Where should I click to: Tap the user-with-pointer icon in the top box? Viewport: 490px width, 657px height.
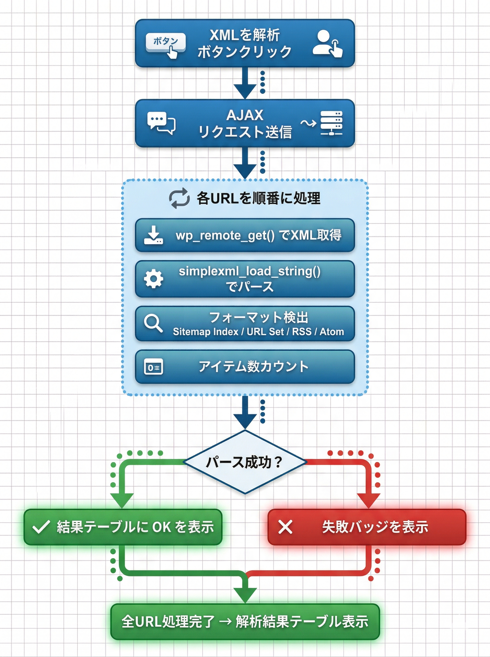click(327, 43)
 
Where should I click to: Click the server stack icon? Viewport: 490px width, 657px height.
click(331, 123)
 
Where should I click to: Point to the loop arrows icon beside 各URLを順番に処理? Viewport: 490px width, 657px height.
click(179, 198)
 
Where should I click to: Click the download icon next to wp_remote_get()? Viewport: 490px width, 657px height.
click(153, 235)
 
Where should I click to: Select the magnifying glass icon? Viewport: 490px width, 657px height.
click(153, 323)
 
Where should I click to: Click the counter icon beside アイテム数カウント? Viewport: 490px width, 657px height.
click(153, 368)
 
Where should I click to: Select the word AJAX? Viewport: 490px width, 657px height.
click(245, 115)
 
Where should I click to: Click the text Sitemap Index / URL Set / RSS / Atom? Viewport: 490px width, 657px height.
click(258, 331)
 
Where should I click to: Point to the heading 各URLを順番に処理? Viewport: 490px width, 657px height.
click(258, 198)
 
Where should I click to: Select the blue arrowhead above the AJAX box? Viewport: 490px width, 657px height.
click(245, 91)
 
